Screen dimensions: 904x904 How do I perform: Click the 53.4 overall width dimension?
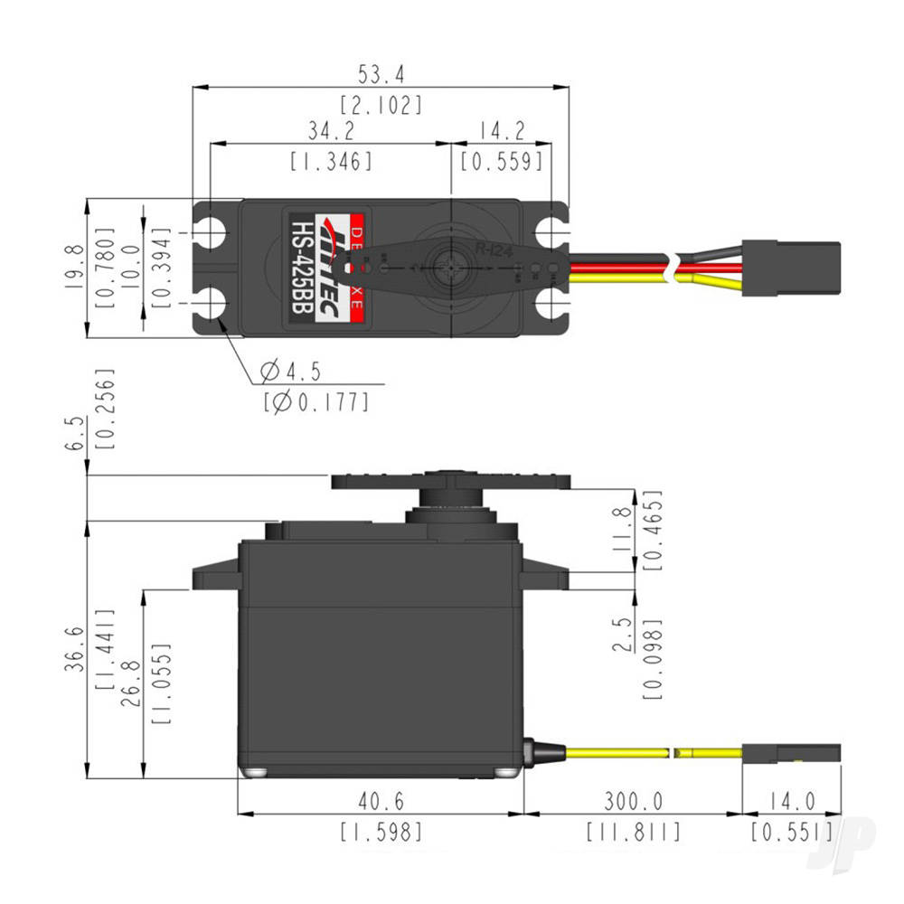point(381,72)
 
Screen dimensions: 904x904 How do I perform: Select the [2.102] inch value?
point(381,105)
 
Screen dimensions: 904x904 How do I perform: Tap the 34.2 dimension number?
point(330,129)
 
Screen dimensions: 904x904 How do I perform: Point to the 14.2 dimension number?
point(502,129)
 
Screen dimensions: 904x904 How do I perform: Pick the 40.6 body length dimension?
point(381,801)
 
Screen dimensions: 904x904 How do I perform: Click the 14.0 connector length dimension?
point(791,801)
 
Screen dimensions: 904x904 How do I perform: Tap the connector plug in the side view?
point(791,753)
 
